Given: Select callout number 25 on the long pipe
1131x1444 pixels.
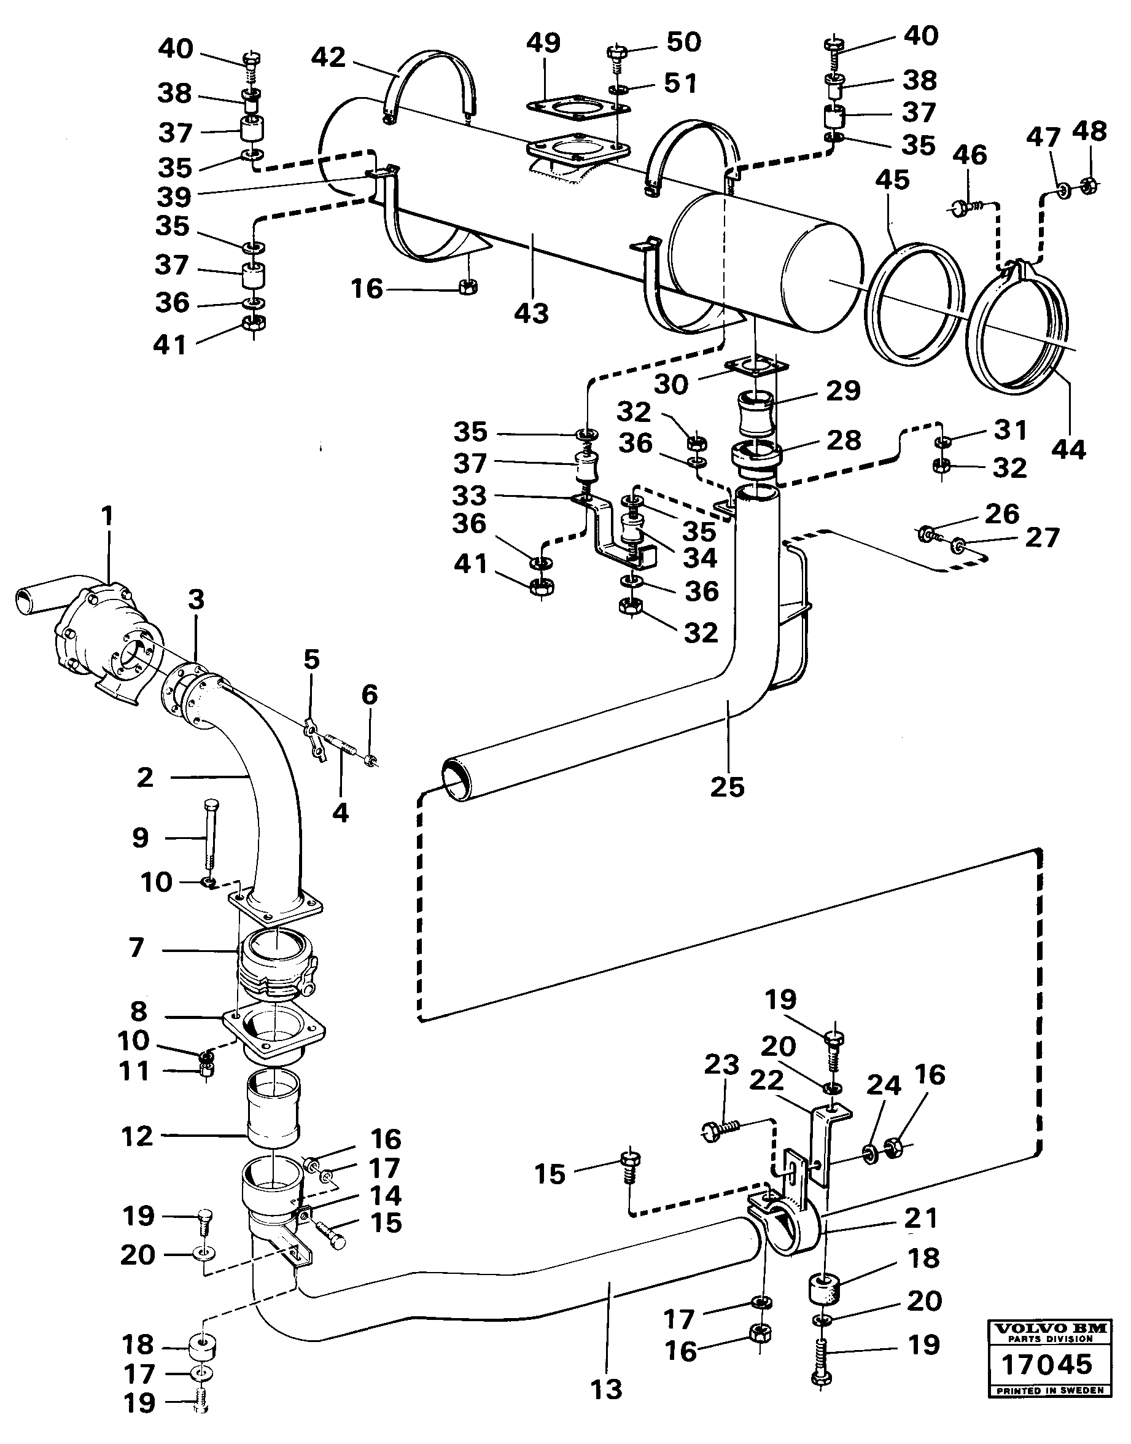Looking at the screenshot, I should (728, 787).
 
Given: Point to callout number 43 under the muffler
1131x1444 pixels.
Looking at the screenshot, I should (532, 313).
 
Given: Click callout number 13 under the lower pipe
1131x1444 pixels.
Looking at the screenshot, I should (606, 1388).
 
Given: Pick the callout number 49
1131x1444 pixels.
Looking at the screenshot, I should (543, 42).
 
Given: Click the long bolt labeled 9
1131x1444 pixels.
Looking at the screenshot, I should (210, 837).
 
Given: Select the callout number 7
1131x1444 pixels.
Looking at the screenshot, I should (136, 947).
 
